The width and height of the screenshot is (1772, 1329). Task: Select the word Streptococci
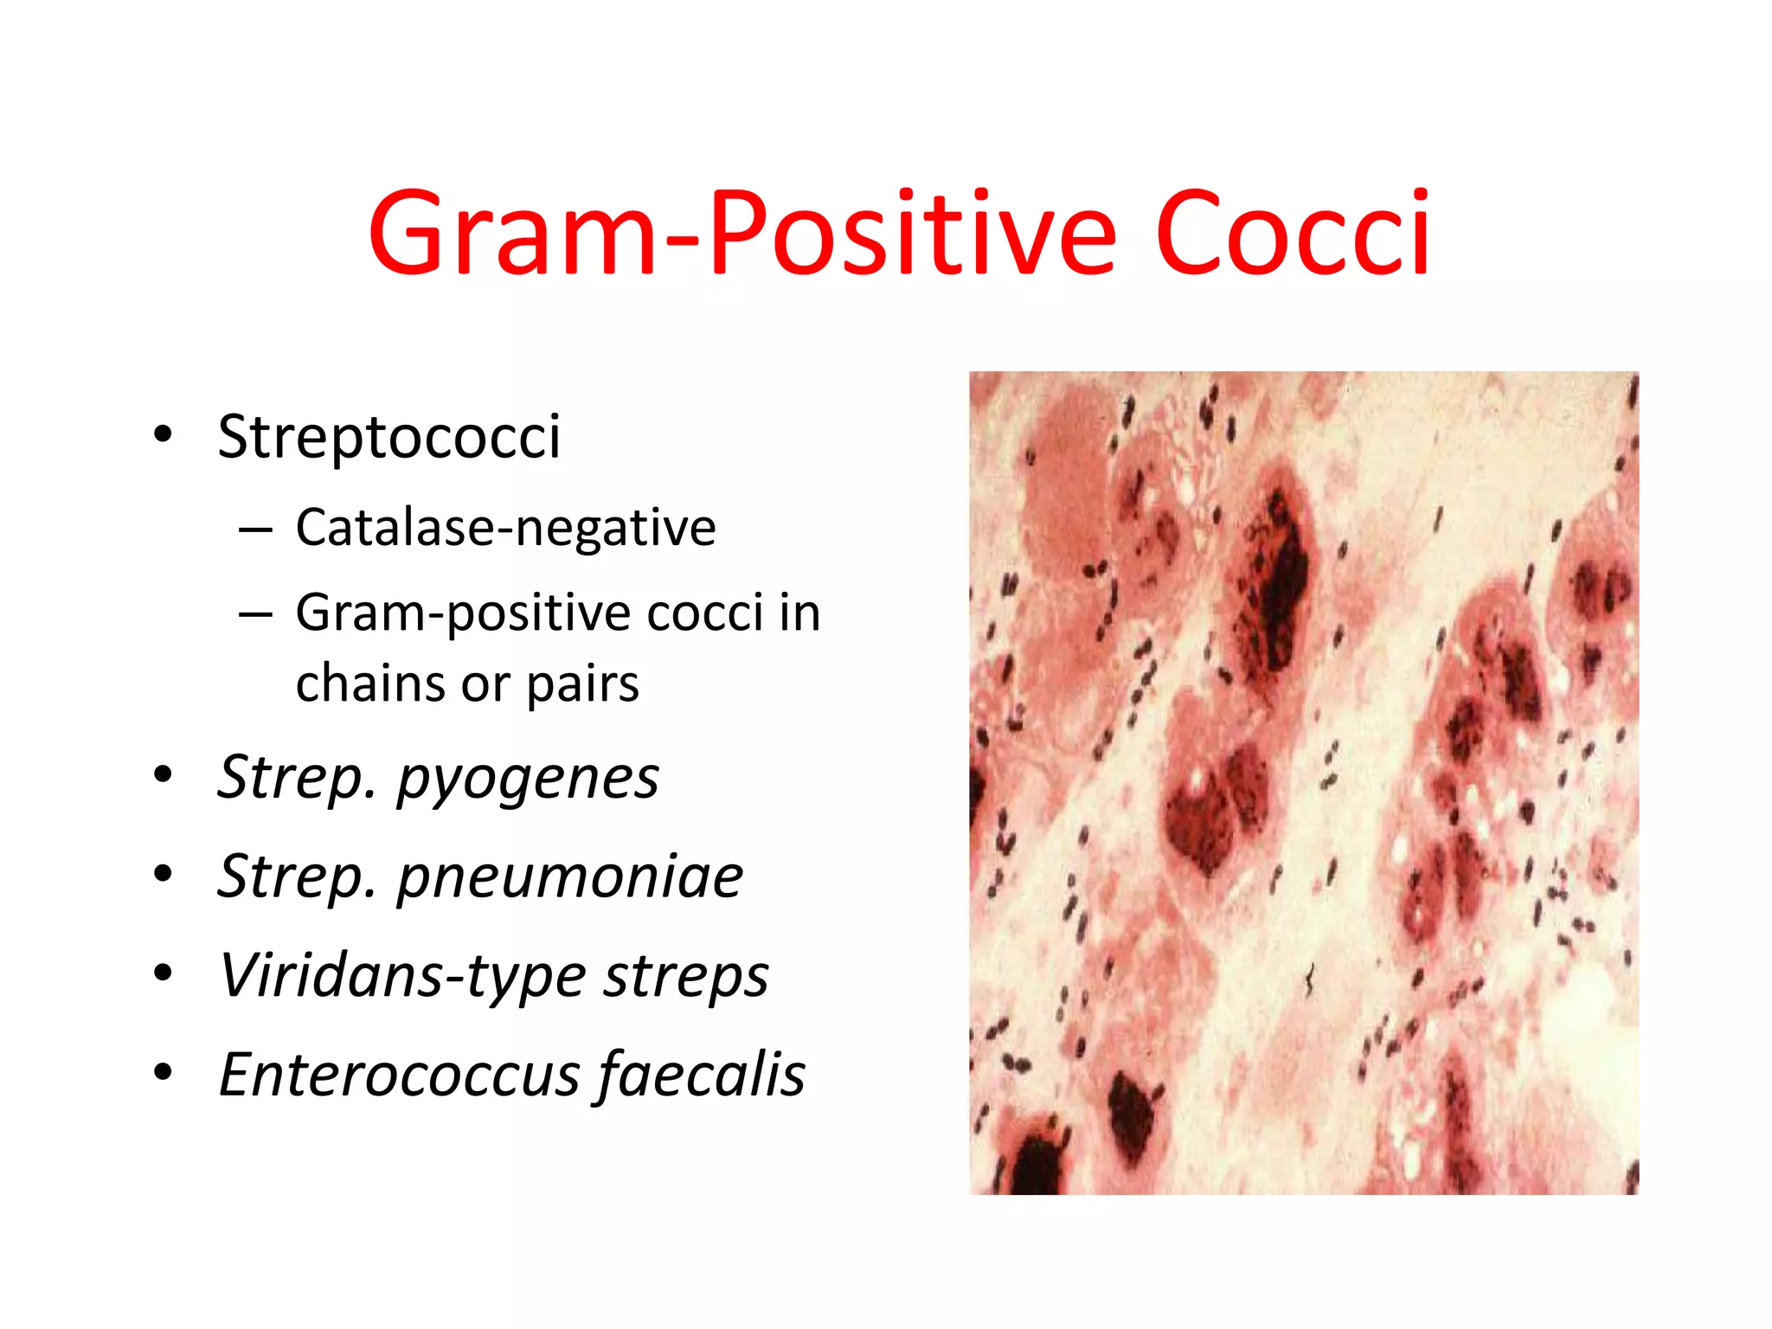[x=388, y=437]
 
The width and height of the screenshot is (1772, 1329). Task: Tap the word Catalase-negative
[x=505, y=528]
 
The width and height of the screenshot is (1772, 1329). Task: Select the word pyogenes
[x=527, y=779]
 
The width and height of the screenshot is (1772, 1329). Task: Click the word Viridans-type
[x=402, y=976]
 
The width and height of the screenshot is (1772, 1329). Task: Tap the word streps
[x=686, y=976]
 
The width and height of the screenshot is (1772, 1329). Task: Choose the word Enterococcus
[x=399, y=1075]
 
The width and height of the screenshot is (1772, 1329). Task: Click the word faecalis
[x=701, y=1075]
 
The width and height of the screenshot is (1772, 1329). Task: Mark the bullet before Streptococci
[x=163, y=434]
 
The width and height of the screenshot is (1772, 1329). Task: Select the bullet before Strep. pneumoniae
[x=163, y=874]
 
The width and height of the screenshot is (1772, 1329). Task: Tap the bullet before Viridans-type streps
[x=163, y=973]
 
